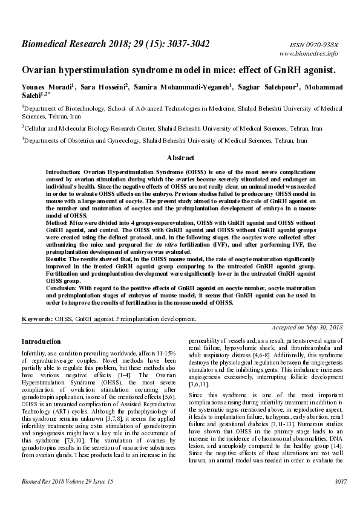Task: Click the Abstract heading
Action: pos(180,158)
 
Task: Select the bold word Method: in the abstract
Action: pos(58,222)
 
